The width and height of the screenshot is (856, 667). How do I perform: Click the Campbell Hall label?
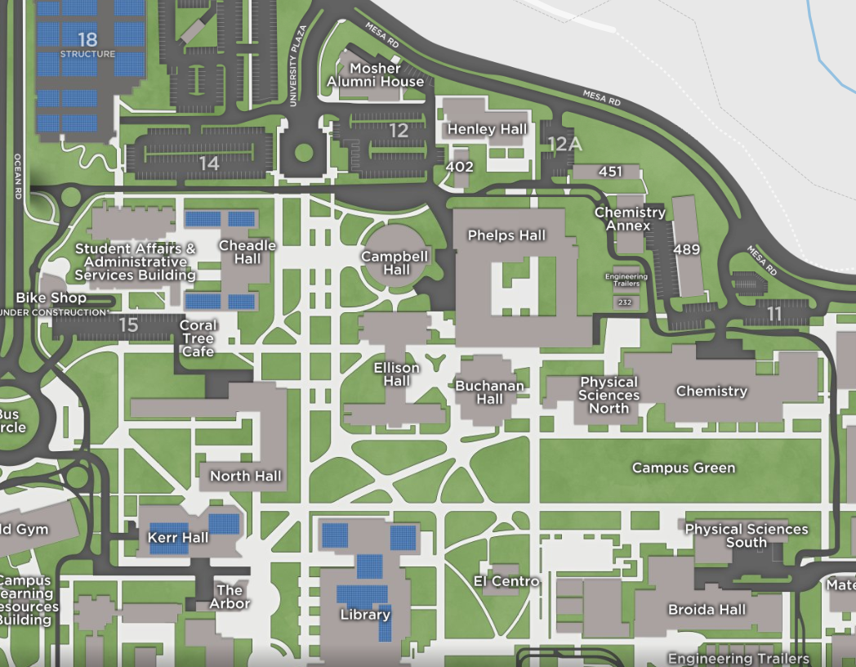coord(396,262)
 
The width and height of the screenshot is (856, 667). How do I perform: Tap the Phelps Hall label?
coord(506,235)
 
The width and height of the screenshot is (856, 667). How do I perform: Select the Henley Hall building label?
coord(488,129)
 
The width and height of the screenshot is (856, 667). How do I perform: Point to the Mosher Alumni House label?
coord(376,75)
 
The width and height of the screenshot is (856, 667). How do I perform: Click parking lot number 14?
coord(209,163)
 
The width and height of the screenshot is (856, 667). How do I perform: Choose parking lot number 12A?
coord(564,145)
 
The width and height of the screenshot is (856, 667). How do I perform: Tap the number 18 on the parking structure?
coord(87,39)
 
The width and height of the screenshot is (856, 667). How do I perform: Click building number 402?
coord(460,167)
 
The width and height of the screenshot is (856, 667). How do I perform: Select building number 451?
coord(610,172)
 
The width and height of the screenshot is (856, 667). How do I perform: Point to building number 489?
coord(687,249)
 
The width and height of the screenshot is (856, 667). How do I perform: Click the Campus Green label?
coord(684,468)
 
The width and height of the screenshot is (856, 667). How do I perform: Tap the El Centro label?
coord(506,581)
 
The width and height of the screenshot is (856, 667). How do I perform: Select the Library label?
coord(364,615)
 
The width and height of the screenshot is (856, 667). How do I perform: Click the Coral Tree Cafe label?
coord(198,338)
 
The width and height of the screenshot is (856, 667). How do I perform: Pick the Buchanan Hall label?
coord(490,392)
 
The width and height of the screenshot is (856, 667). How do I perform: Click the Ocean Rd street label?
coord(16,177)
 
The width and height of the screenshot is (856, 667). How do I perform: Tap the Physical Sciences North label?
coord(609,395)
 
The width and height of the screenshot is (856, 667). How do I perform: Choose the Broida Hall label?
coord(707,610)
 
